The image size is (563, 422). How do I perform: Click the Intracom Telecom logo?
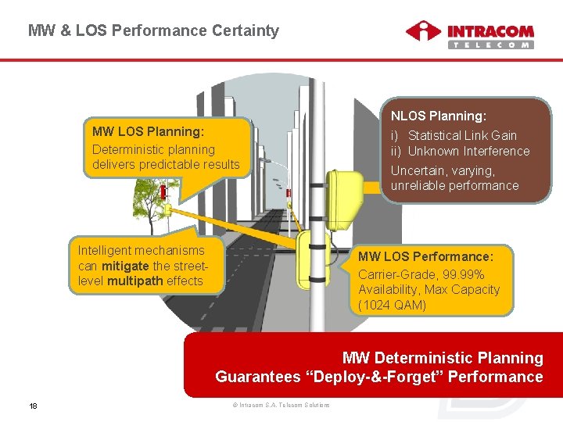pos(469,35)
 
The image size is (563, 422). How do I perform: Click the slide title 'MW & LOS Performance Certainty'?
pos(153,31)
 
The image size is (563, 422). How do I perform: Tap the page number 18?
pos(34,405)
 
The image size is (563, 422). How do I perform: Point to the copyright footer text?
pos(281,405)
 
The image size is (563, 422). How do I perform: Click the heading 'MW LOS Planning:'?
pos(148,131)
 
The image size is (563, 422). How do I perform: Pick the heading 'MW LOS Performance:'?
pos(425,256)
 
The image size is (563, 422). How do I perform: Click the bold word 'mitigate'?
pos(124,266)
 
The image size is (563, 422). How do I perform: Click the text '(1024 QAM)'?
pos(393,305)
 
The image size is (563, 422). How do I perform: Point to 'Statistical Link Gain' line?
pos(462,135)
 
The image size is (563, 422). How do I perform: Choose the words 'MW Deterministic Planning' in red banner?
pos(443,358)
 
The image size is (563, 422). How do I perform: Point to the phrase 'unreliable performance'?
pos(454,185)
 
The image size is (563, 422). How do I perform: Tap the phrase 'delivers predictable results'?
pos(166,164)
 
